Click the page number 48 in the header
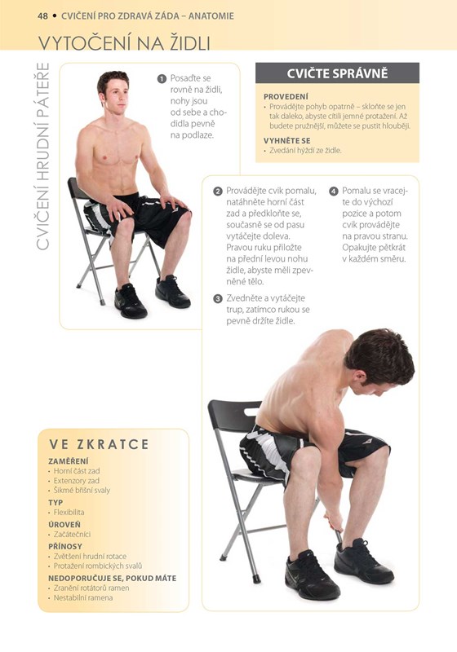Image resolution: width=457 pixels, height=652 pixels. click(x=42, y=16)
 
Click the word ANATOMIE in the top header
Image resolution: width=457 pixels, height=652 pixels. click(x=211, y=16)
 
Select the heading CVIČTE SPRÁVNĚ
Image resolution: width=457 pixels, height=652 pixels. click(x=337, y=73)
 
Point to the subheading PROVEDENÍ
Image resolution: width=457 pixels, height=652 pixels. click(x=286, y=96)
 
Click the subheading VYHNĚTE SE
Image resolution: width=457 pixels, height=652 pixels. click(x=286, y=140)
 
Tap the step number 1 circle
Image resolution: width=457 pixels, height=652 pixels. click(x=162, y=78)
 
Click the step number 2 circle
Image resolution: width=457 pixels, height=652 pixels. click(x=218, y=192)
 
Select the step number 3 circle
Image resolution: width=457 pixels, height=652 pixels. click(x=218, y=298)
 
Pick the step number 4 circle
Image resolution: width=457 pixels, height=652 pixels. click(x=334, y=192)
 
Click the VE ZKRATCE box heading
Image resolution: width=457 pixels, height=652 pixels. click(x=99, y=444)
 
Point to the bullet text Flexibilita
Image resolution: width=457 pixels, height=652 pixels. click(x=69, y=513)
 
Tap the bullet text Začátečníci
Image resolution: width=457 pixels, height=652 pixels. click(x=72, y=535)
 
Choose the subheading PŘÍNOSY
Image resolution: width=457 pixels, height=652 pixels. click(x=65, y=546)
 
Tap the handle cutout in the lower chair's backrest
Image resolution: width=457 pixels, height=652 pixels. click(x=252, y=412)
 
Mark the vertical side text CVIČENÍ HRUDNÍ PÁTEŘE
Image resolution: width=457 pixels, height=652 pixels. click(x=42, y=156)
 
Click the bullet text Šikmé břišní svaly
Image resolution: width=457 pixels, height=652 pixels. click(x=82, y=491)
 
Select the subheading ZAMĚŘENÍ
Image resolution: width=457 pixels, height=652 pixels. click(x=69, y=461)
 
